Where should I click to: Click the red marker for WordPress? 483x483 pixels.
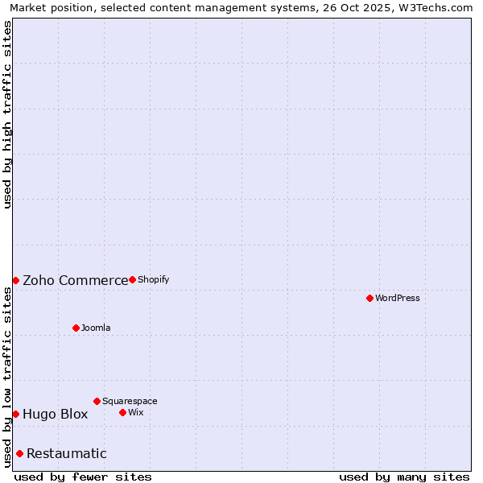click(x=369, y=298)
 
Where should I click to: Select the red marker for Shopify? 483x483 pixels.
click(x=132, y=279)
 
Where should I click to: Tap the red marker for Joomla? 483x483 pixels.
click(x=76, y=328)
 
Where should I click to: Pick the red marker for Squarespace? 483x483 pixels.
click(x=97, y=401)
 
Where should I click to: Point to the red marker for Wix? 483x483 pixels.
click(x=122, y=412)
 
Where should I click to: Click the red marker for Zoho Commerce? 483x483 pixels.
click(x=15, y=280)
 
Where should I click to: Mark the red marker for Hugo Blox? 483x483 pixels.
click(x=15, y=414)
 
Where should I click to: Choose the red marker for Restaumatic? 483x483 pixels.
click(x=19, y=453)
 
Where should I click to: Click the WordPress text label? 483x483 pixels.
click(x=398, y=298)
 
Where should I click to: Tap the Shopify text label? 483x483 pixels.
click(x=153, y=279)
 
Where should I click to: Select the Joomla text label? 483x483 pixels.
click(x=96, y=328)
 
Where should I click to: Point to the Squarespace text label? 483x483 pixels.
click(x=130, y=401)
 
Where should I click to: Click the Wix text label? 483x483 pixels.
click(x=136, y=412)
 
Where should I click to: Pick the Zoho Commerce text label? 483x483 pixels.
click(x=75, y=280)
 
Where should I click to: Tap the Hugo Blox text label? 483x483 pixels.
click(x=55, y=415)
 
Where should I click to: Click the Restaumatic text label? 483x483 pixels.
click(x=67, y=454)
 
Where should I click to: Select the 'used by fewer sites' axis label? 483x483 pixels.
click(x=83, y=477)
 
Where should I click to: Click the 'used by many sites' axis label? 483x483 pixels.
click(x=404, y=477)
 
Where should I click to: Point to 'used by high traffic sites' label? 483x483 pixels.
click(x=7, y=114)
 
